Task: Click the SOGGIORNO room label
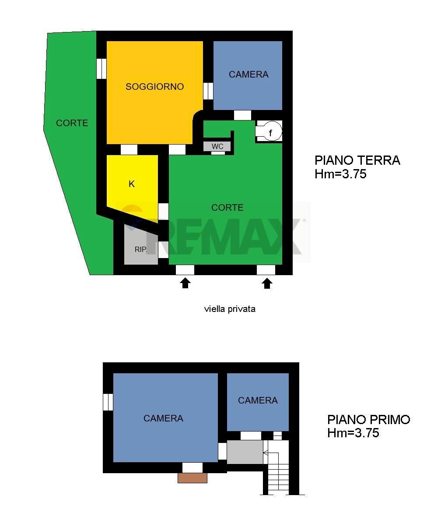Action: coord(154,87)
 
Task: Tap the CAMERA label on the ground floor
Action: coord(248,74)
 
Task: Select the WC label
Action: coord(217,146)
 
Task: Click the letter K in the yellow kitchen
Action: coord(132,184)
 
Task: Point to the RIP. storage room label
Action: coord(140,249)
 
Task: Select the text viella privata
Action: coord(230,309)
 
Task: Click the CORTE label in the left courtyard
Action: coord(72,123)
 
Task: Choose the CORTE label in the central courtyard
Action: coord(227,208)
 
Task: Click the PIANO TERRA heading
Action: coord(357,160)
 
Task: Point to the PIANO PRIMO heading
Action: coord(368,420)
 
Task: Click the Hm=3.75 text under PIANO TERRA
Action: coord(340,174)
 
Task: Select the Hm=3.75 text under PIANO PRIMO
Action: coord(353,433)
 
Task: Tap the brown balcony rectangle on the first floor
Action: coord(192,478)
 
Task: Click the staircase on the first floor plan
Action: coord(278,471)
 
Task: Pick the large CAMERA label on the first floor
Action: coord(163,418)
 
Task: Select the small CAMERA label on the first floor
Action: coord(258,400)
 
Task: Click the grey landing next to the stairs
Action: coord(245,452)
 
